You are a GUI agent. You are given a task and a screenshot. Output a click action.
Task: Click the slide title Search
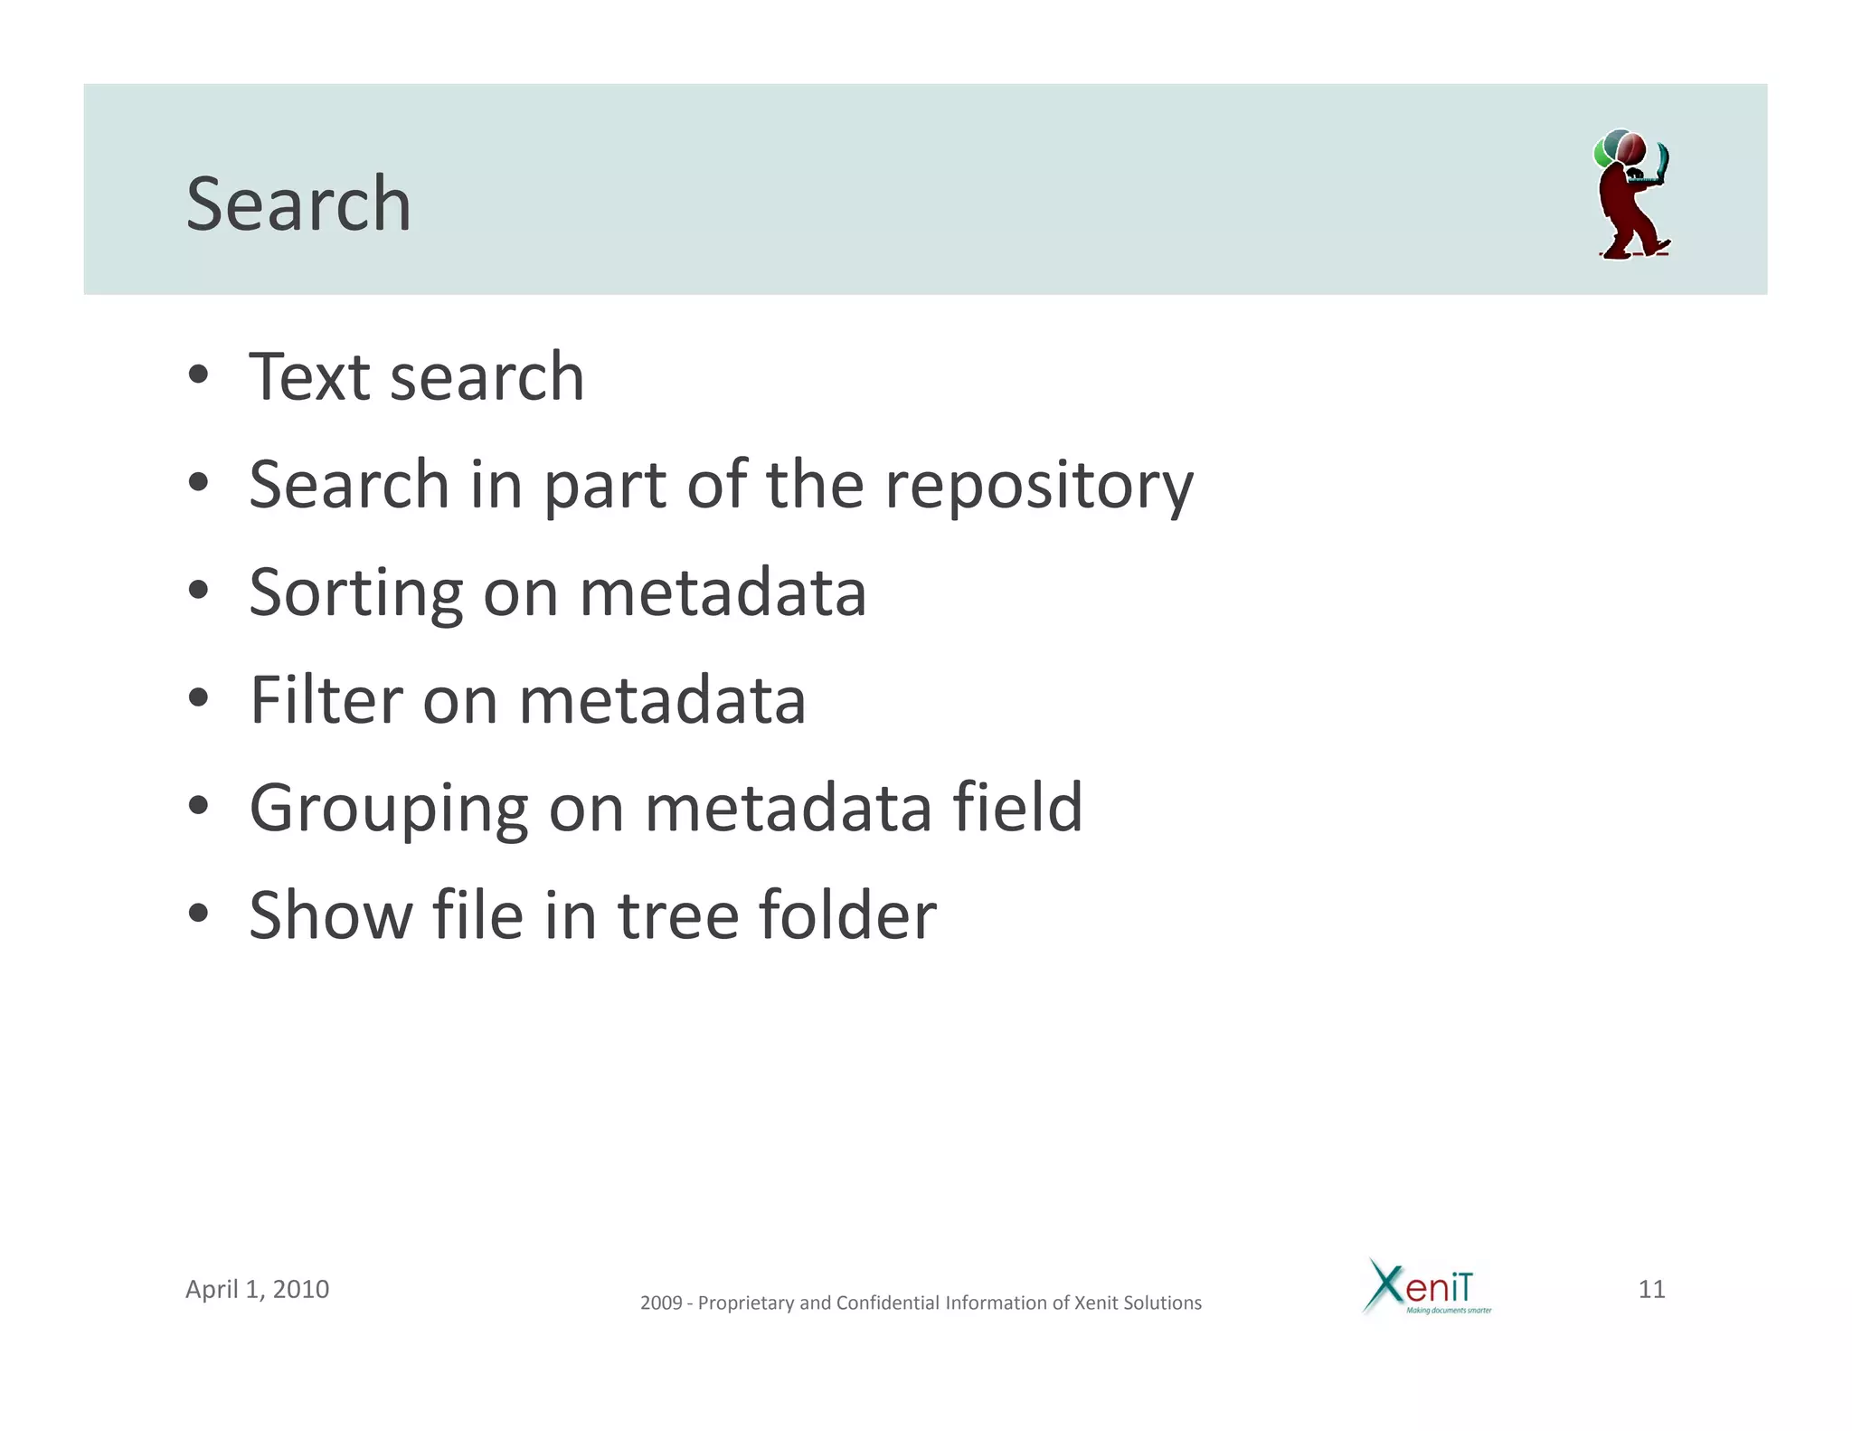pyautogui.click(x=298, y=204)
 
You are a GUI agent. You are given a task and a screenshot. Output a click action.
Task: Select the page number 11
pyautogui.click(x=1651, y=1289)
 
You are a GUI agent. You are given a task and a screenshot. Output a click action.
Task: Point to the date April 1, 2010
pyautogui.click(x=257, y=1289)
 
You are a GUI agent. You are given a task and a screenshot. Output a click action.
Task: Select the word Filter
pyautogui.click(x=326, y=700)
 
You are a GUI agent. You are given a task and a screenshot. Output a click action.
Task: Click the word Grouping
pyautogui.click(x=389, y=809)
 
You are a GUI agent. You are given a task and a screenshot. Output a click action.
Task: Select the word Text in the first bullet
pyautogui.click(x=309, y=377)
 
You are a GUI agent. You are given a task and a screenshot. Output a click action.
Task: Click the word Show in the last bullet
pyautogui.click(x=331, y=915)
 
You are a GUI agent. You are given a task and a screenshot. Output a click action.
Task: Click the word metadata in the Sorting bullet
pyautogui.click(x=722, y=593)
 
